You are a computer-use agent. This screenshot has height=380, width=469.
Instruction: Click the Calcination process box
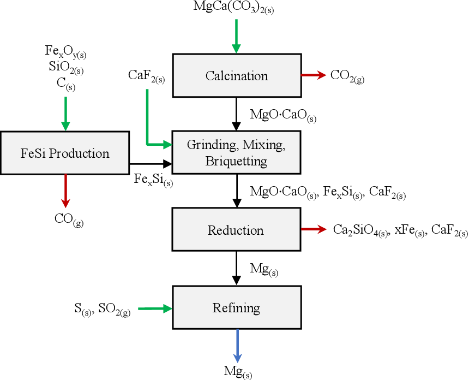click(x=236, y=76)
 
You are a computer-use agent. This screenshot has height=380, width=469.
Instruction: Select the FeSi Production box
click(x=65, y=153)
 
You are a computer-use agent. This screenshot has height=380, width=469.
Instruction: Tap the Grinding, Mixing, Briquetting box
click(x=236, y=153)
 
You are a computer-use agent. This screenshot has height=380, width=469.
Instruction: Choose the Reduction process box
click(x=236, y=230)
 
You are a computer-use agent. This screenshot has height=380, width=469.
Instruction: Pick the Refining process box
click(x=236, y=308)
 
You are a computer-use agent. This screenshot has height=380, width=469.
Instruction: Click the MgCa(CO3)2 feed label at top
click(x=233, y=8)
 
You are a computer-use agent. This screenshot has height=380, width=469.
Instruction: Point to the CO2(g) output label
click(x=347, y=76)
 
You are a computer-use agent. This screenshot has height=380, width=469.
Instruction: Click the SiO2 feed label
click(x=65, y=68)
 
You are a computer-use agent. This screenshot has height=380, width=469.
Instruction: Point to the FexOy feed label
click(x=65, y=52)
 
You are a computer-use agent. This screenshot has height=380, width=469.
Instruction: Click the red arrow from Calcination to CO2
click(x=312, y=75)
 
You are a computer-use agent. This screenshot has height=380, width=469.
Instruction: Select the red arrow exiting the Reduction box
click(x=312, y=230)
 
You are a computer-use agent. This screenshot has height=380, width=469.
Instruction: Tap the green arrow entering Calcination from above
click(x=236, y=36)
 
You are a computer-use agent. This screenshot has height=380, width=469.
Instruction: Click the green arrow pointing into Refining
click(x=155, y=308)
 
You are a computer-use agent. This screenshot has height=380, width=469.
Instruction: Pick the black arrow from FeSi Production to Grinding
click(x=150, y=163)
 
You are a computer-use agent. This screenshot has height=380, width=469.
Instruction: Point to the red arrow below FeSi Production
click(x=65, y=191)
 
